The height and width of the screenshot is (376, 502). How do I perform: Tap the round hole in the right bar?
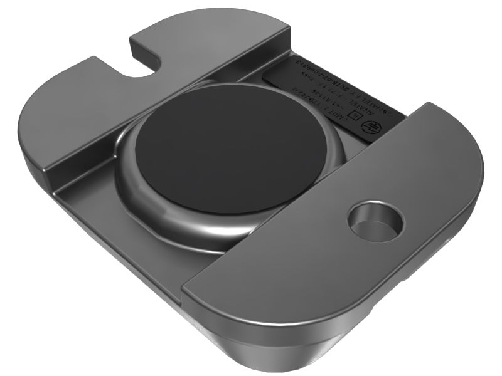(x=375, y=221)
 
